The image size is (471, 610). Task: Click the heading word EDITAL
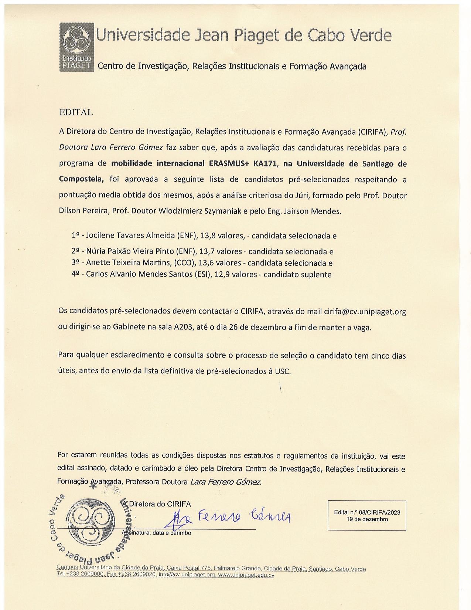76,112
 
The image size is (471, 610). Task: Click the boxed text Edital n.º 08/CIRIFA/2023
367,512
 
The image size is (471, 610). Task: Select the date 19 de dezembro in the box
367,519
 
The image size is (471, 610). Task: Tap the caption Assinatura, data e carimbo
157,533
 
